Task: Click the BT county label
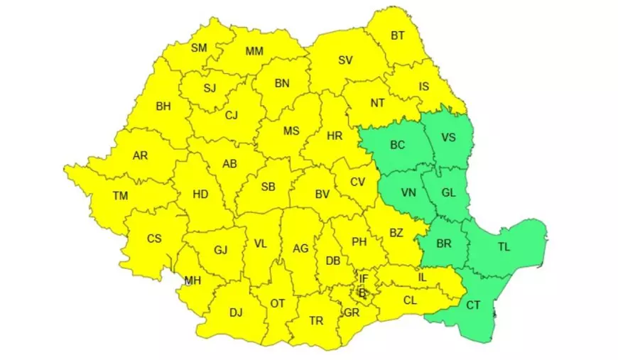point(399,36)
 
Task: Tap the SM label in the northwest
point(199,48)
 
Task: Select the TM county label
point(120,196)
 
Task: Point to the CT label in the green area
point(474,305)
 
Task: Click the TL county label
point(504,246)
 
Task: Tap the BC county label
point(398,146)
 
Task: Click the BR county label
point(444,244)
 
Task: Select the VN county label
point(408,192)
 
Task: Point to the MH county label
point(193,280)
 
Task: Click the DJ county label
point(236,312)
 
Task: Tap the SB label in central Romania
point(268,187)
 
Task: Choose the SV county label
point(345,60)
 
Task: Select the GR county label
point(351,312)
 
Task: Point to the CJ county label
point(231,115)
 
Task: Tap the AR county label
point(140,155)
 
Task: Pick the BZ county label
point(396,232)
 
